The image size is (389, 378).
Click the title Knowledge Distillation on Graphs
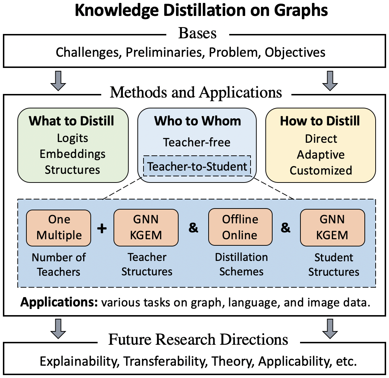pos(201,11)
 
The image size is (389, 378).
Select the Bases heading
pos(197,33)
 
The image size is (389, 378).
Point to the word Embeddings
pos(72,154)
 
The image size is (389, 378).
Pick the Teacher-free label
pos(197,142)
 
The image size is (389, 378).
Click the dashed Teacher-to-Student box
pos(197,167)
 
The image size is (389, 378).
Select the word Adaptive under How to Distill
pos(321,155)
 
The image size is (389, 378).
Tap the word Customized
pos(321,170)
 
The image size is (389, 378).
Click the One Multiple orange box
pos(59,227)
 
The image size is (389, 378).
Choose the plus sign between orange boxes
pos(102,228)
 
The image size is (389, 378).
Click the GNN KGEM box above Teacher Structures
pos(146,227)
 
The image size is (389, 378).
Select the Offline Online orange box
pos(240,227)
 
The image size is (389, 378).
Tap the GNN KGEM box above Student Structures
pos(333,227)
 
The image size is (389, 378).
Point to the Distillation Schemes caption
pos(241,264)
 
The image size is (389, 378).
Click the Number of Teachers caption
pos(59,264)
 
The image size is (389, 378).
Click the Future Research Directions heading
pos(198,340)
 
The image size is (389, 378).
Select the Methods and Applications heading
pos(196,92)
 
